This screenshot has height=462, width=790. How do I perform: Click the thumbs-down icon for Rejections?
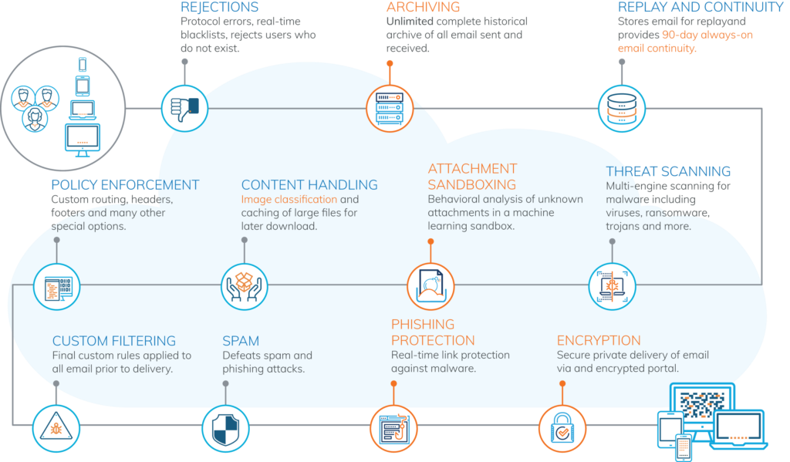pos(185,108)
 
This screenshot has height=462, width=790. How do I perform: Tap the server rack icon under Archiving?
pos(390,108)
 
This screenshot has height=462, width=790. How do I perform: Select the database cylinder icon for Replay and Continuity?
pos(622,108)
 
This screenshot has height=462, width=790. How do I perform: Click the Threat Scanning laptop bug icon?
pos(612,286)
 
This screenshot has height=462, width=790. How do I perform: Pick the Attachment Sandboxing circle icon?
pos(430,286)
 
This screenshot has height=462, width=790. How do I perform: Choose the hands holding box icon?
pos(245,286)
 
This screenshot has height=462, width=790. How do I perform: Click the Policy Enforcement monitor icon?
pos(57,286)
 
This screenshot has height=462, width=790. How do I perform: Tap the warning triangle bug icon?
pos(56,428)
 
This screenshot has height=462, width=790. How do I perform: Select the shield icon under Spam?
pos(226,428)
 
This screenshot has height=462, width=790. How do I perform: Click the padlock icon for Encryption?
pos(562,428)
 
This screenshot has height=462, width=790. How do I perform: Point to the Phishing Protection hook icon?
pos(394,428)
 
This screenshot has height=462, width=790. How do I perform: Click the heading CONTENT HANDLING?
pos(309,185)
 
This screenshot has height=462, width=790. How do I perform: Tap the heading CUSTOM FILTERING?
pos(114,341)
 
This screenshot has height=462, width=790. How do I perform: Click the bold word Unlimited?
pos(410,22)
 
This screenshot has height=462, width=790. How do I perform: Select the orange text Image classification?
pos(289,200)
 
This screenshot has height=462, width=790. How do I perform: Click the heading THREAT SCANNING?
pos(668,171)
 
